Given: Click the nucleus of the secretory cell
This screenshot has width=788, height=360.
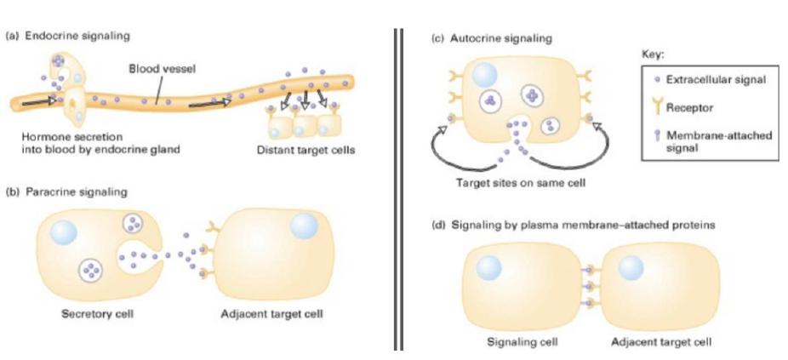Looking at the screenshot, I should pos(64,231).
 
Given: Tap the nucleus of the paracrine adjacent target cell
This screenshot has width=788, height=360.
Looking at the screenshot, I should pos(304,226).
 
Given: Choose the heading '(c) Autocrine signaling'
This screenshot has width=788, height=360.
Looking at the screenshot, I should pos(483,38).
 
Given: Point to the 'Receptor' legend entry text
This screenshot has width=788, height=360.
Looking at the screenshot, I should pos(691,108).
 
